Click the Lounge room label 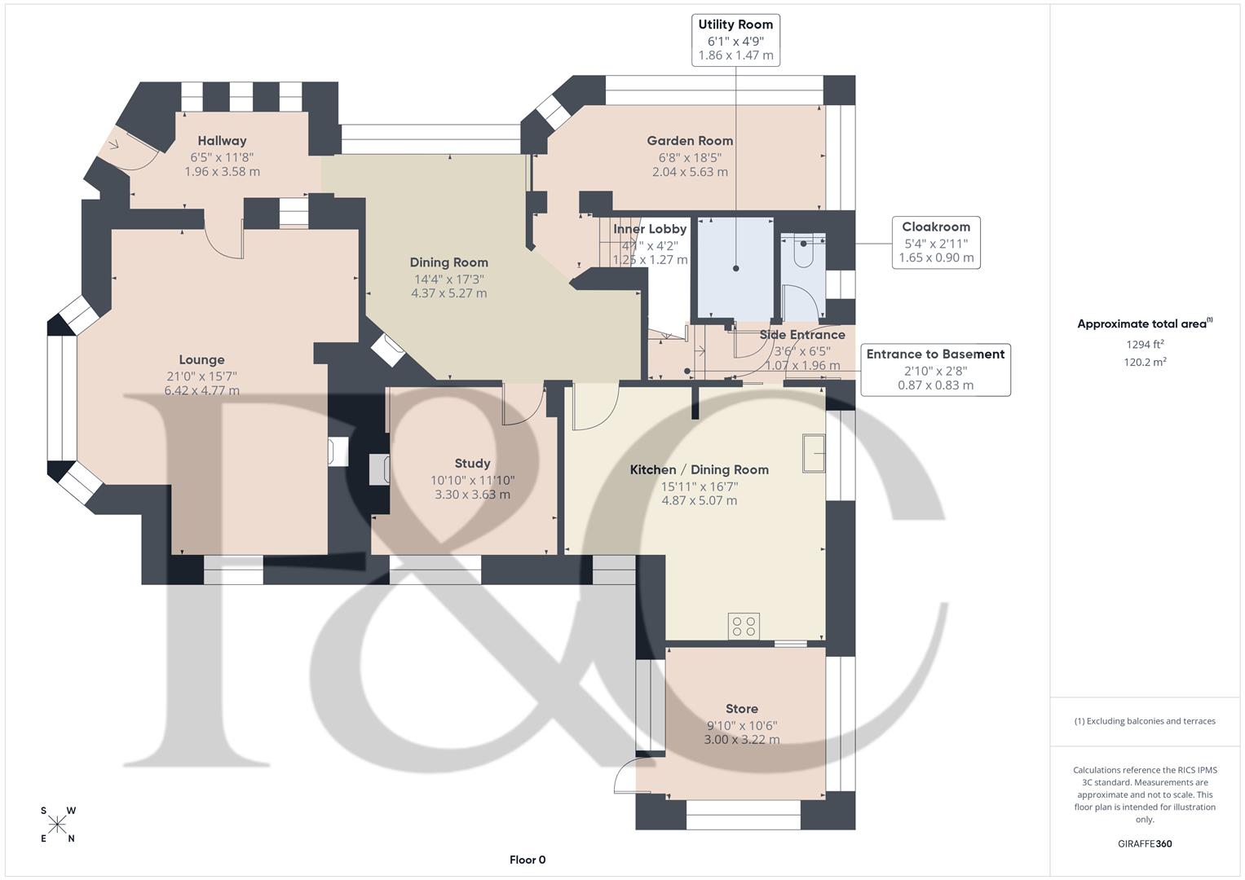click(201, 359)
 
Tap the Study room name click(472, 463)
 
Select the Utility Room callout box click(735, 39)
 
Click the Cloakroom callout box click(935, 242)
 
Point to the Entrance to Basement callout click(935, 369)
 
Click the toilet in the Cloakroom click(803, 252)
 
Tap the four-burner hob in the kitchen click(744, 626)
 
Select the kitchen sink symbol click(814, 453)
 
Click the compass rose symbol click(57, 825)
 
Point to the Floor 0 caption click(528, 860)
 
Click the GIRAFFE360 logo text click(1144, 843)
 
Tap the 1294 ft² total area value click(1145, 344)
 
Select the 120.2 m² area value click(1145, 362)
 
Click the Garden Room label click(690, 141)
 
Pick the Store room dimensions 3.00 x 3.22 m click(742, 740)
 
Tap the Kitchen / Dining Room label click(699, 469)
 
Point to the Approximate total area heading click(1144, 323)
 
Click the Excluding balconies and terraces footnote click(1145, 721)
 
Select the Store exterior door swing click(626, 774)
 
